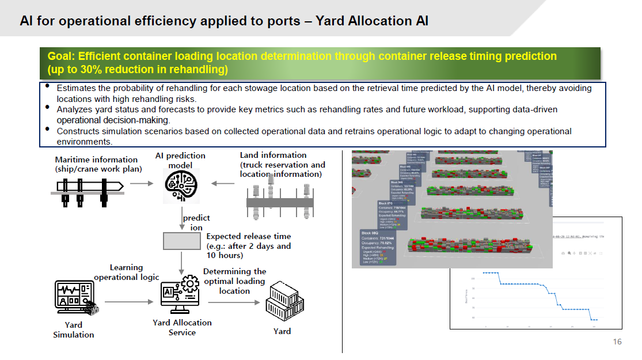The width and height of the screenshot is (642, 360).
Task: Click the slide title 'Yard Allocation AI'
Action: coord(369,21)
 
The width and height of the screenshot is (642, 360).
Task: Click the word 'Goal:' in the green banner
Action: coord(62,56)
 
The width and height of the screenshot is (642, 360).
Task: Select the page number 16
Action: coord(617,342)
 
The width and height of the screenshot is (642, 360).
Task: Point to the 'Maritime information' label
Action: coord(96,160)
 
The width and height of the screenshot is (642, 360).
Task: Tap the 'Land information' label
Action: coord(273,155)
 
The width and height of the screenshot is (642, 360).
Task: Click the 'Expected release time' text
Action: coord(248,236)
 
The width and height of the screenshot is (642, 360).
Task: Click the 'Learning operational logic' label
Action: coord(126,272)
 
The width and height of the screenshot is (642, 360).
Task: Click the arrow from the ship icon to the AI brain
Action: coord(142,184)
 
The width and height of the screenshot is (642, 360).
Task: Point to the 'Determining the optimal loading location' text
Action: coord(234,281)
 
